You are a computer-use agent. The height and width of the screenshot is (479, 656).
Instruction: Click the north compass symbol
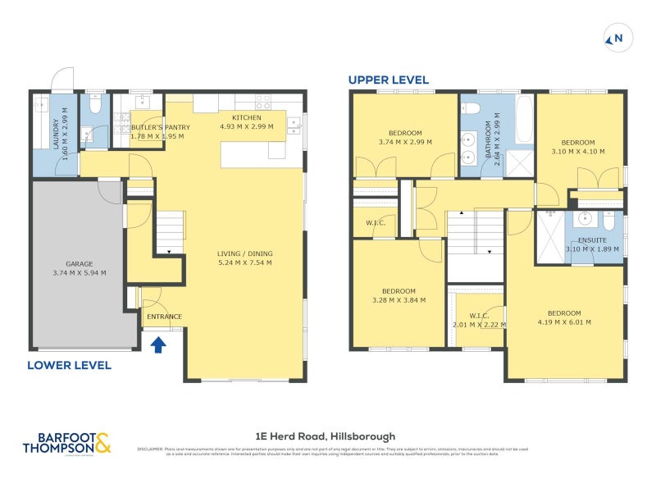(614, 38)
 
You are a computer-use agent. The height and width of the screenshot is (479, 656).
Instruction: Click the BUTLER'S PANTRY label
(161, 127)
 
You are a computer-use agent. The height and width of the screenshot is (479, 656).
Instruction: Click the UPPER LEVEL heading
(389, 80)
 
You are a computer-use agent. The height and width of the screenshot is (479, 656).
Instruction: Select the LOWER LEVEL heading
(69, 364)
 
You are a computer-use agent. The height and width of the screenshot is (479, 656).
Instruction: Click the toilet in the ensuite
(608, 222)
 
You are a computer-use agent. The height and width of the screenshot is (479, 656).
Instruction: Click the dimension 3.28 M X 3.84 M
(399, 301)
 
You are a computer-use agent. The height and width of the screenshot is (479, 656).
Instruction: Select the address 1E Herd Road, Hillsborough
(327, 436)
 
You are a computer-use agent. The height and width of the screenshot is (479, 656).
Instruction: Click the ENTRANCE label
(163, 317)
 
